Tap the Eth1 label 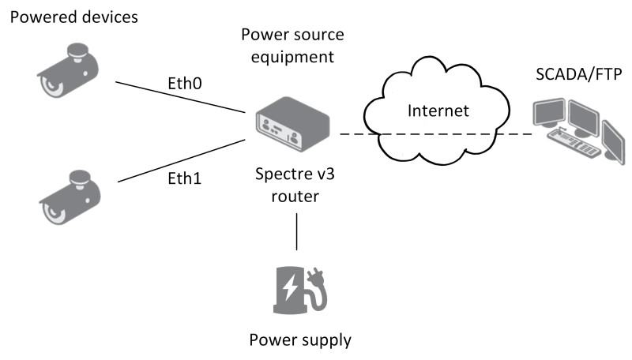(186, 178)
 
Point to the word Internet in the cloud (438, 111)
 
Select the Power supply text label (300, 341)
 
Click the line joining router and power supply (297, 233)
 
